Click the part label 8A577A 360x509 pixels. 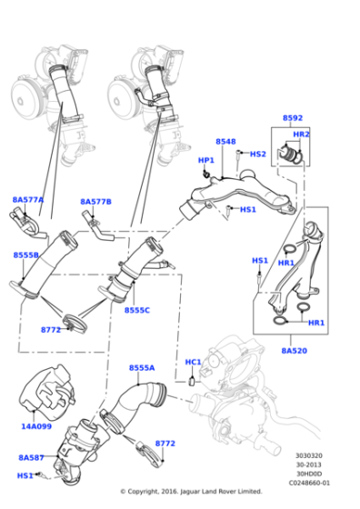[27, 199]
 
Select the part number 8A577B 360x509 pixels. [95, 202]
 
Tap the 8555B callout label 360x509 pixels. [25, 255]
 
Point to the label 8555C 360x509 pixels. [137, 311]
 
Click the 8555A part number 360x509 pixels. [141, 367]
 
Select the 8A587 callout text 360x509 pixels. [32, 458]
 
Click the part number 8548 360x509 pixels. [225, 142]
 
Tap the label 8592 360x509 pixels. [293, 118]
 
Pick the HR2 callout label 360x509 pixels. [301, 135]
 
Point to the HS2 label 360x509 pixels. [257, 155]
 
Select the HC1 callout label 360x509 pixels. [193, 363]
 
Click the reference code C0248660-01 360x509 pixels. [310, 484]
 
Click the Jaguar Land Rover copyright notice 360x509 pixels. [180, 492]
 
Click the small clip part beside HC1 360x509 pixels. [194, 382]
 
